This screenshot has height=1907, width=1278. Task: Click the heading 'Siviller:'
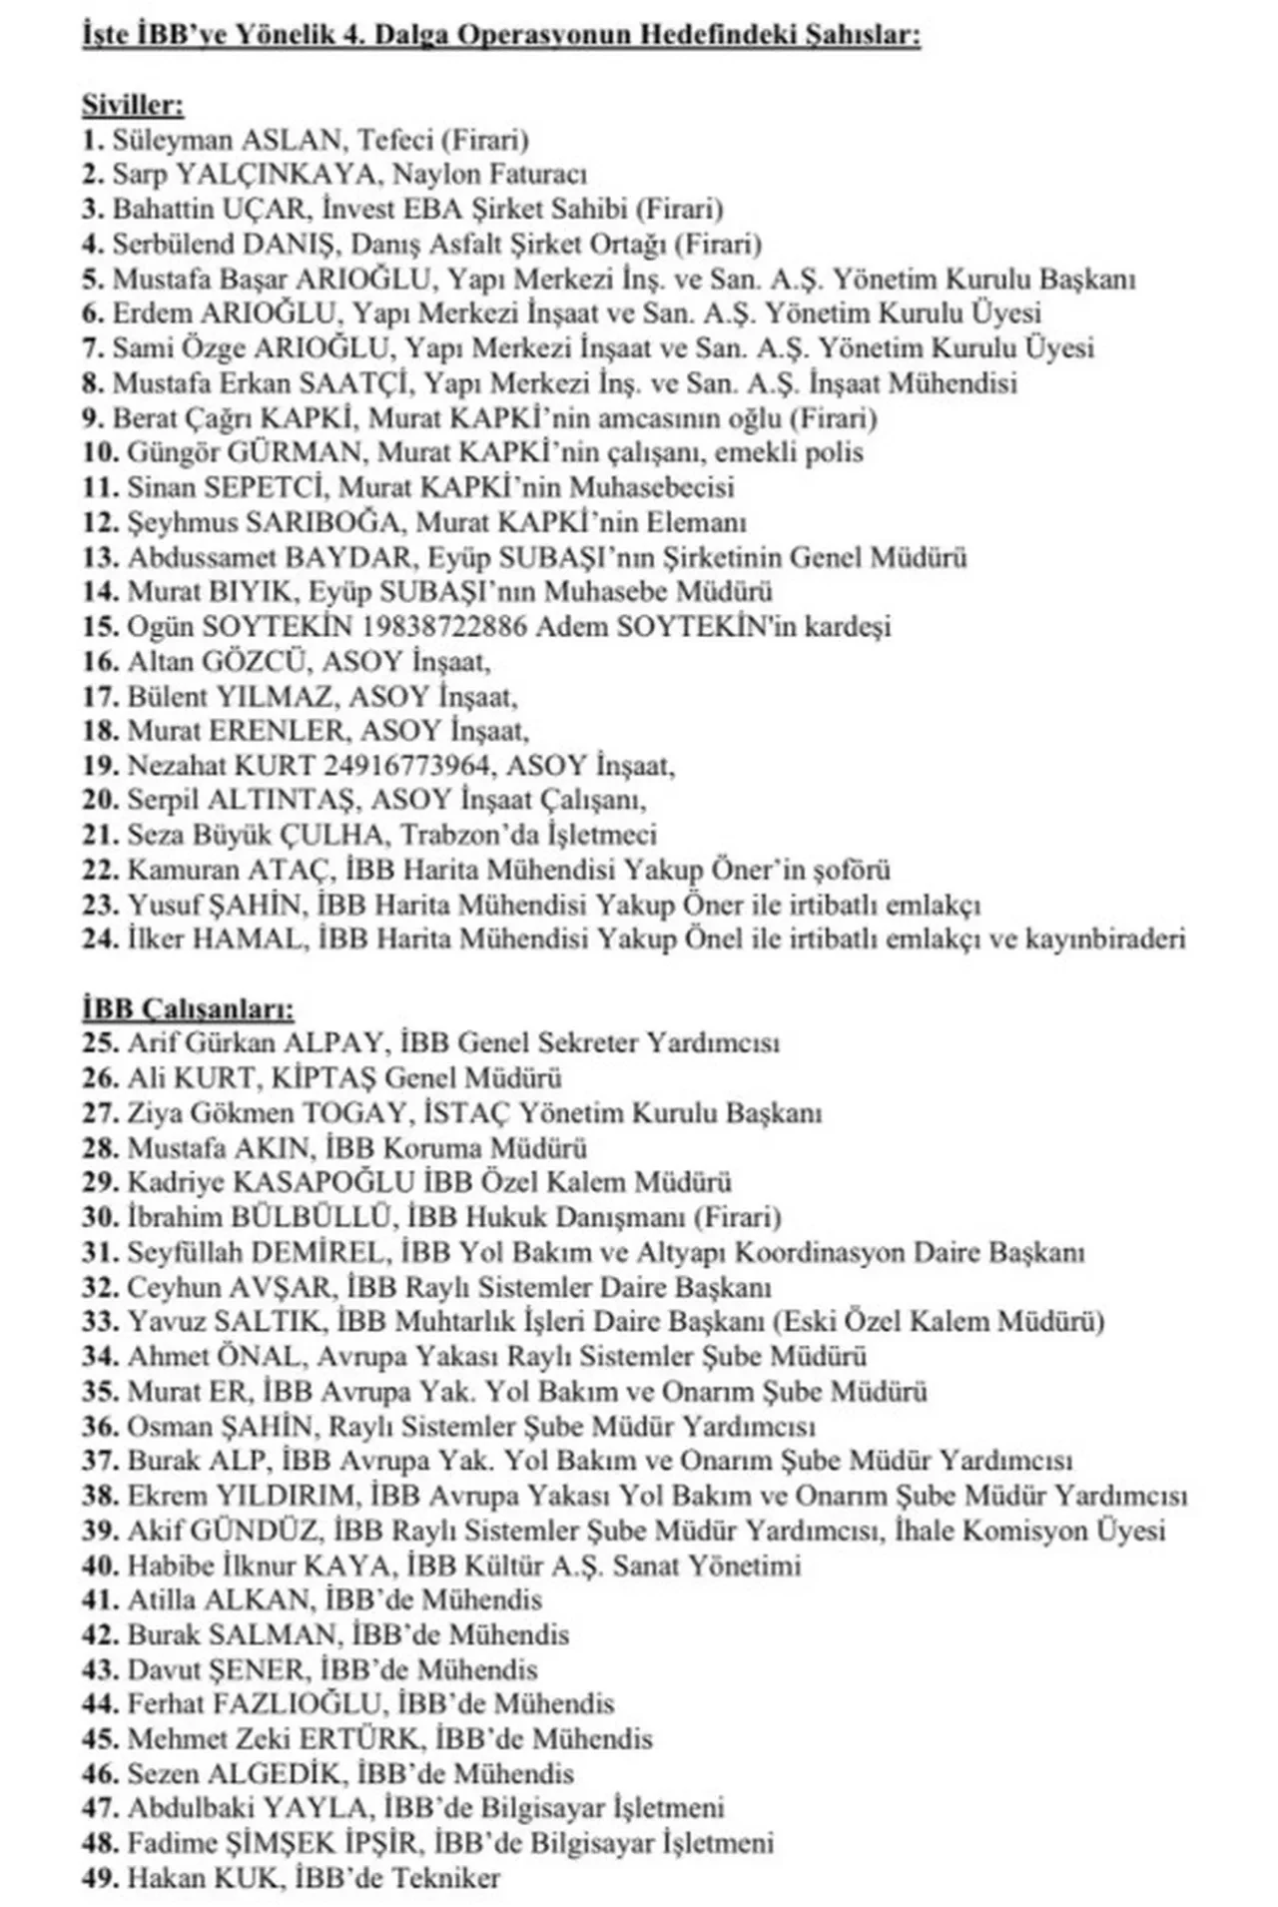(133, 105)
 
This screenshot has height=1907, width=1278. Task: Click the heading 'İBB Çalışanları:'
(188, 1008)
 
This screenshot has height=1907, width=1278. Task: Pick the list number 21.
(100, 835)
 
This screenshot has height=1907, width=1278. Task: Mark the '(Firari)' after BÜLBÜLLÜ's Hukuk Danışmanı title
(737, 1217)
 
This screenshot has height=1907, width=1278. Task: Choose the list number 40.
(100, 1565)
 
